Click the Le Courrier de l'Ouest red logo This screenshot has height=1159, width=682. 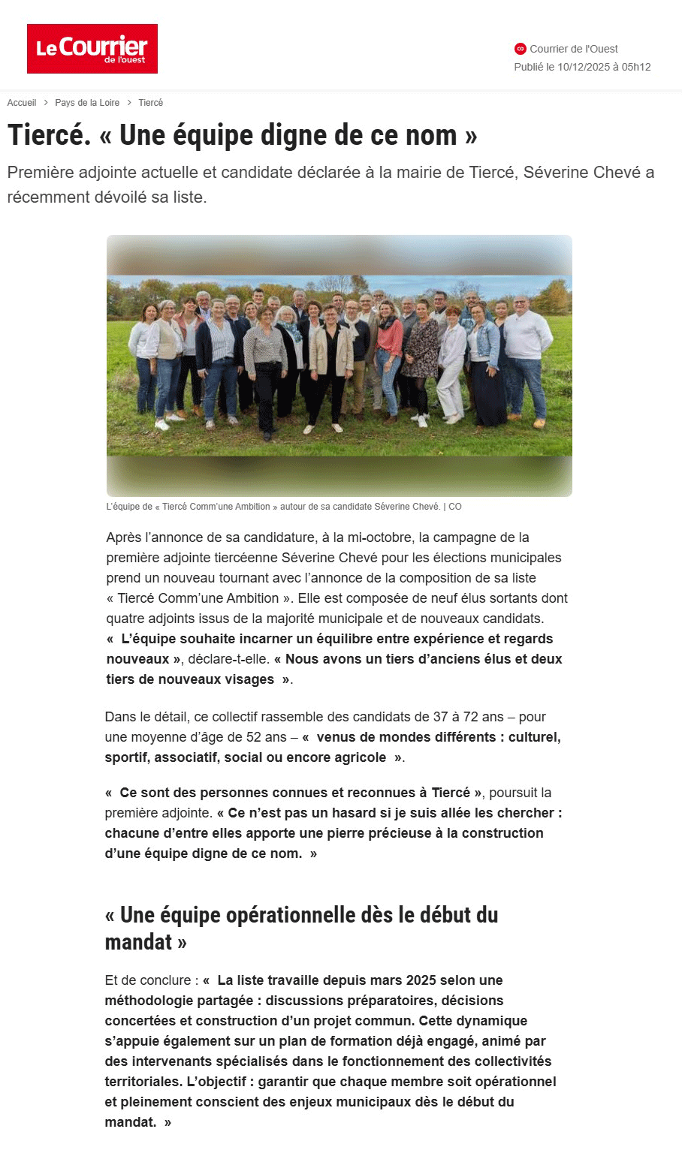tap(92, 49)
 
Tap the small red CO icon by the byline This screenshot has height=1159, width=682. tap(521, 49)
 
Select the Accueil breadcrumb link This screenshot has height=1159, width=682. tap(22, 103)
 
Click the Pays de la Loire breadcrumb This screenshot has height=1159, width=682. tap(87, 103)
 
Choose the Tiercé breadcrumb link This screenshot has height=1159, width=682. tap(150, 103)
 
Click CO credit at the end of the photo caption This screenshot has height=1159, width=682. tap(455, 507)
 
